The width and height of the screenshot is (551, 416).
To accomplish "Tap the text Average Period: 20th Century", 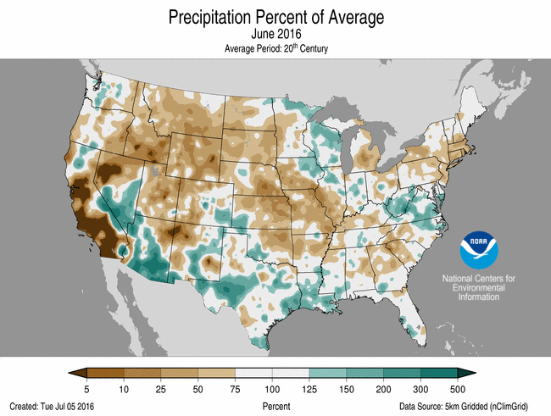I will (x=275, y=49).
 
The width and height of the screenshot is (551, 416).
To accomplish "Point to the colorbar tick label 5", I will (x=88, y=388).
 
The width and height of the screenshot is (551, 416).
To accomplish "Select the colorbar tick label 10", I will (x=123, y=388).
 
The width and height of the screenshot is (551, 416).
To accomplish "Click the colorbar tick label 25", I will (x=160, y=388).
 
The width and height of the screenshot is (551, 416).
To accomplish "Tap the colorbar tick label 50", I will (x=198, y=388).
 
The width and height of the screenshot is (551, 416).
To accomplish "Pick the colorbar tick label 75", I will (x=235, y=388).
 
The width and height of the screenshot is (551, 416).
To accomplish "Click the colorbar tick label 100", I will (x=272, y=388).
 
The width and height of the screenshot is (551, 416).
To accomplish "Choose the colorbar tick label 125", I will (x=309, y=388).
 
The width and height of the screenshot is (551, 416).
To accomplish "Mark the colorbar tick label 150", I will (x=347, y=388).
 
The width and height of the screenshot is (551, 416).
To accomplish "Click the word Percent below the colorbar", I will (x=275, y=406).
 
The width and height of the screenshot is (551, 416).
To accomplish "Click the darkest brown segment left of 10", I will (x=105, y=373).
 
